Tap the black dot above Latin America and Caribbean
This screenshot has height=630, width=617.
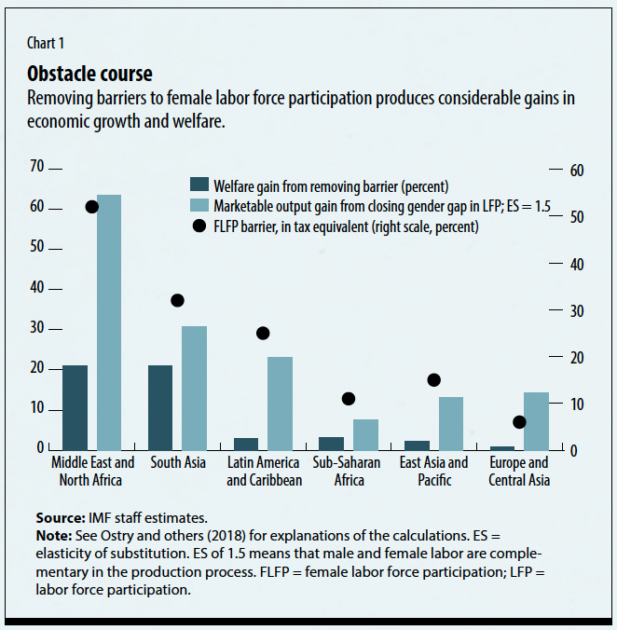263,333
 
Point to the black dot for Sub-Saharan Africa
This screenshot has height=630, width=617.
349,399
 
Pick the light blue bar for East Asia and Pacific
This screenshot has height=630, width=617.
451,423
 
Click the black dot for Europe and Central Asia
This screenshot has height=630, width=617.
519,422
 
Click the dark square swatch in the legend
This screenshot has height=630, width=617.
199,184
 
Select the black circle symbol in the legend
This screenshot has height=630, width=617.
199,226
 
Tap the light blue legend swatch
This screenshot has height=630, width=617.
199,204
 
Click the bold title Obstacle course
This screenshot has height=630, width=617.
89,74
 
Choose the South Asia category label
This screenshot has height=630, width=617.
176,462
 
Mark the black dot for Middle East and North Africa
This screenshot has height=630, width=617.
91,207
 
